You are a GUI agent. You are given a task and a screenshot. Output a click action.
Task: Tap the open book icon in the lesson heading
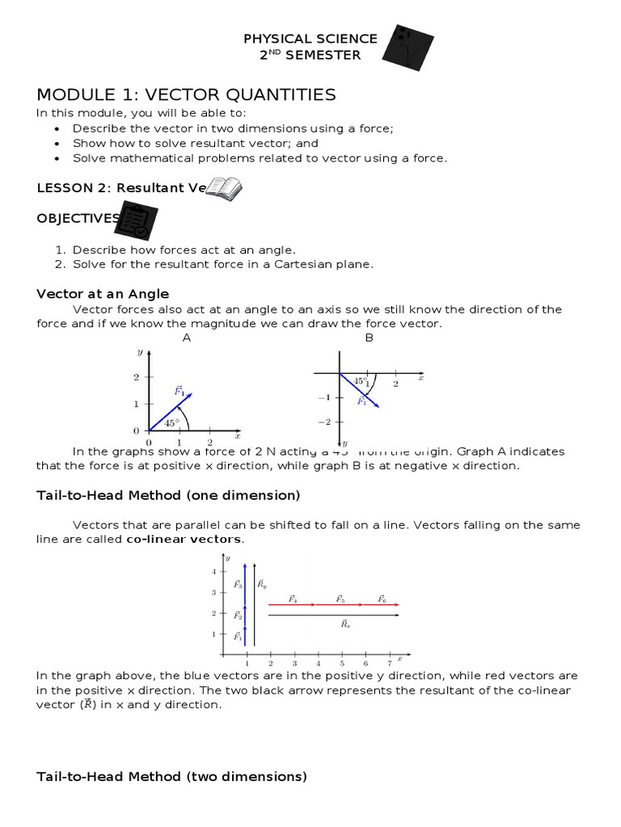[224, 188]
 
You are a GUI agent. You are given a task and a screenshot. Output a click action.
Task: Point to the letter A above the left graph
[187, 338]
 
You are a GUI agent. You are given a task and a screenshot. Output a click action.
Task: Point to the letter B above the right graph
[369, 338]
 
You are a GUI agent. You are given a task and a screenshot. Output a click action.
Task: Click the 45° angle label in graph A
[171, 422]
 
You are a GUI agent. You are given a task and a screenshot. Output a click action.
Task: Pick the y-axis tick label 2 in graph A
[137, 377]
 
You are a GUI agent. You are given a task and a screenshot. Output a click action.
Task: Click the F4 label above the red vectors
[293, 599]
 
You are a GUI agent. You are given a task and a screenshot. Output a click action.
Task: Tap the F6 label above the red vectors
[382, 599]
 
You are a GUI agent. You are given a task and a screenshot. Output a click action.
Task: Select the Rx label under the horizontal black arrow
[345, 624]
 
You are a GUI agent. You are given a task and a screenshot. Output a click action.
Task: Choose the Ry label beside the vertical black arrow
[262, 583]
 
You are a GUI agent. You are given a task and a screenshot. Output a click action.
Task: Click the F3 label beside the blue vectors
[238, 583]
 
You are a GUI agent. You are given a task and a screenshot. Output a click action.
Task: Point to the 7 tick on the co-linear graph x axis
[389, 662]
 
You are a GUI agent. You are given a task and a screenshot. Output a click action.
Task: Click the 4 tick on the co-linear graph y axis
[213, 572]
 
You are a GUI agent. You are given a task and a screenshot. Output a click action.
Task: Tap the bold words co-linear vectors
[184, 539]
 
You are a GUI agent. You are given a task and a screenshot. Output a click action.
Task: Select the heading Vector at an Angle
[103, 293]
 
